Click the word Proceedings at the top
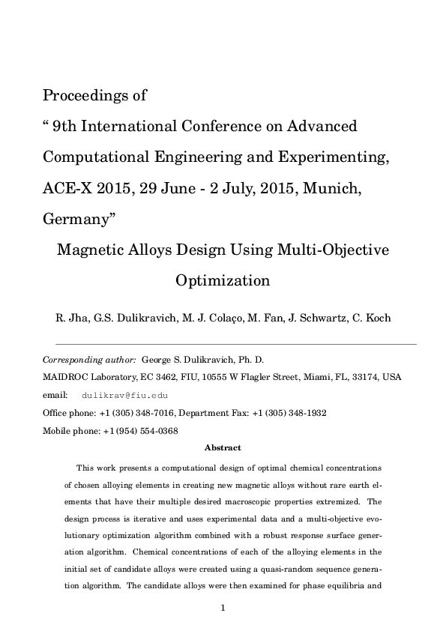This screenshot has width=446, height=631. point(84,97)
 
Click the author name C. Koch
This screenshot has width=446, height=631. point(370,318)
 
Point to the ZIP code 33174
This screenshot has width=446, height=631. point(367,377)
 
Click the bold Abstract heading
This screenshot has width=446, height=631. point(223,448)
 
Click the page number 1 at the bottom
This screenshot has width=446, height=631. point(223,608)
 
